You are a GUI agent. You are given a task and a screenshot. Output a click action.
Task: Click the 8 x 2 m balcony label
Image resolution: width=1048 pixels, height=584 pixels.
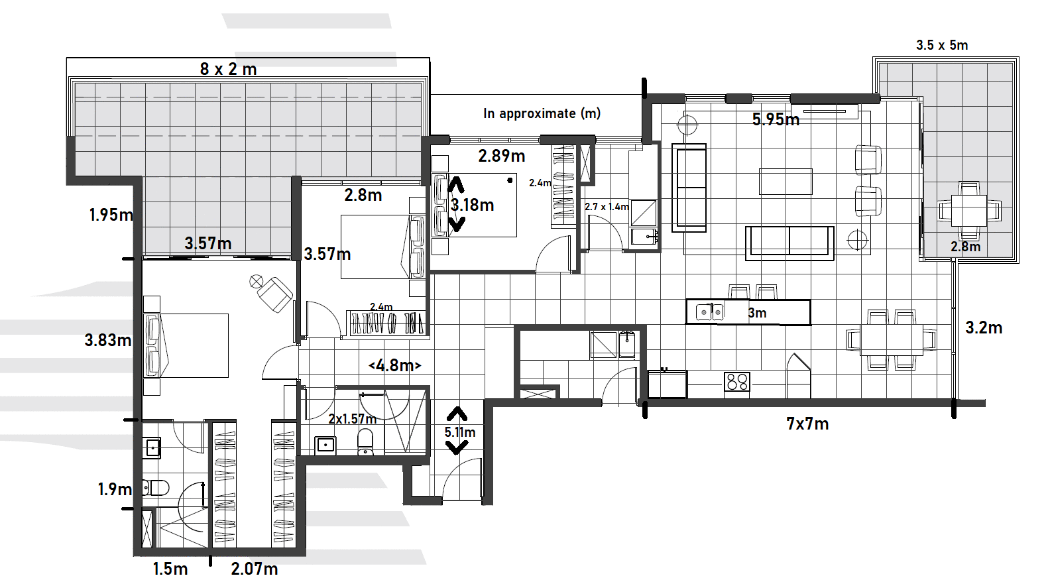(x=228, y=69)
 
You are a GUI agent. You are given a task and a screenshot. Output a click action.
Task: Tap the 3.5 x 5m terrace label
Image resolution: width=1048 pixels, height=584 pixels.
(x=942, y=45)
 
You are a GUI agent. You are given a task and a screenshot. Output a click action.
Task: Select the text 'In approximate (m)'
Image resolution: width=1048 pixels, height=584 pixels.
(x=542, y=113)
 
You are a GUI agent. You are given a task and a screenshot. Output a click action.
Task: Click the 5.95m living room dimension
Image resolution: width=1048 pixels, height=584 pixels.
(x=776, y=120)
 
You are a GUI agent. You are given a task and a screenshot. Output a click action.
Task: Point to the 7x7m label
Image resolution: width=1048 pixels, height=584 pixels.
(x=807, y=424)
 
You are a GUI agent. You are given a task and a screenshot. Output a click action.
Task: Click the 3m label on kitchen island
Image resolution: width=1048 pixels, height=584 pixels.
(x=757, y=313)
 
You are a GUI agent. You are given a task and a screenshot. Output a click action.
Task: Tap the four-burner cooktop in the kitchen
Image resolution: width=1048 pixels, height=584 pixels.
(x=737, y=382)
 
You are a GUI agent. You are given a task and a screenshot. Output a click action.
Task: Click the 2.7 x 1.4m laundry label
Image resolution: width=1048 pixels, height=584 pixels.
(x=607, y=207)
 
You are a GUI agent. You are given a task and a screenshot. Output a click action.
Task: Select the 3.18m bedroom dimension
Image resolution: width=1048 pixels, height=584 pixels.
(x=472, y=205)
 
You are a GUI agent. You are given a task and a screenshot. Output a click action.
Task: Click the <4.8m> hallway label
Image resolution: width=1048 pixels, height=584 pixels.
(x=394, y=365)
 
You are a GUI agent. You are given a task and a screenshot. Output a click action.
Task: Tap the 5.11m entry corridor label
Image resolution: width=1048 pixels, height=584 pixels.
(x=459, y=432)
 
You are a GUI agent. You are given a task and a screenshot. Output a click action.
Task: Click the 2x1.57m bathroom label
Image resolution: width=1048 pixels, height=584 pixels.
(x=352, y=419)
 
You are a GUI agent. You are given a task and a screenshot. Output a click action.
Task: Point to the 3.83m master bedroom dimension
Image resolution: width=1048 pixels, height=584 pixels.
(x=107, y=340)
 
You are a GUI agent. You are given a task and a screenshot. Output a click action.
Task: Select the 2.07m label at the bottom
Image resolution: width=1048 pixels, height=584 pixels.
(x=255, y=569)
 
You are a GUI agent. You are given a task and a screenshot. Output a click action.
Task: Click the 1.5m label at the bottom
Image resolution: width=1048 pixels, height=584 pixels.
(x=170, y=569)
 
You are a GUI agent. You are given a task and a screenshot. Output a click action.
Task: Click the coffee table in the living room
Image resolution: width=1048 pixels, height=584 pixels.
(x=786, y=181)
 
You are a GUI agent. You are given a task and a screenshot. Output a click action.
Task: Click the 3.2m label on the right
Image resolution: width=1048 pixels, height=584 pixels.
(x=984, y=327)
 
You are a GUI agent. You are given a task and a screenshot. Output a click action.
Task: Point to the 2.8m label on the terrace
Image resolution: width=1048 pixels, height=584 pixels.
(x=965, y=247)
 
